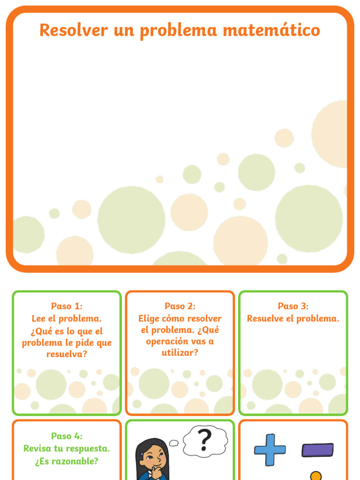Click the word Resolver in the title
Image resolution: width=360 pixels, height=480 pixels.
pos(74,30)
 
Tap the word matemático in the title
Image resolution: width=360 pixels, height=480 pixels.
pos(271,30)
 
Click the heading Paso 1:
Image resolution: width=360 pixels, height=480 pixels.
pos(67,306)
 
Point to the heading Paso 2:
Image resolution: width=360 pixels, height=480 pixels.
pos(180,306)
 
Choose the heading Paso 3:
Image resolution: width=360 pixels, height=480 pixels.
pos(293,306)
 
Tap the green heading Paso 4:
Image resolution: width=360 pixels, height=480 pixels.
pos(67,435)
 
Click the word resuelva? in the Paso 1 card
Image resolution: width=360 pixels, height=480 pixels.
pos(67,354)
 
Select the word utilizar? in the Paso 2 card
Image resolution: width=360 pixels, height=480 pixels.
pos(180,352)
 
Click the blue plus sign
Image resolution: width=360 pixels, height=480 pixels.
pos(270,450)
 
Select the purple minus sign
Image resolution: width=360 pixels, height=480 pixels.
pos(317,450)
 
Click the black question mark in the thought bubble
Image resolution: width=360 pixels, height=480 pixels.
pos(204,440)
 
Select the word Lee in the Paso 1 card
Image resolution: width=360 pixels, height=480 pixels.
pos(39,318)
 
